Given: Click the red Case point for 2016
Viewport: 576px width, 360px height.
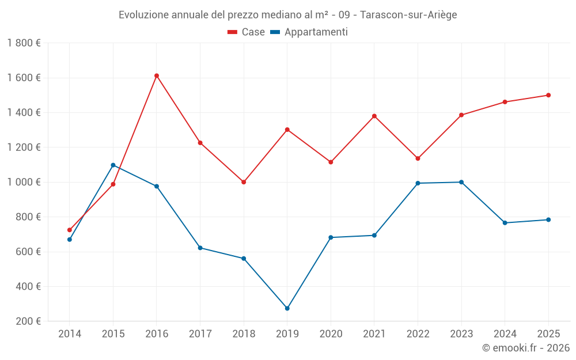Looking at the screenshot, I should [x=157, y=75].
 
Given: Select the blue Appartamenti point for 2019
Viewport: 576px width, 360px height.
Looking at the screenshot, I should [x=287, y=308].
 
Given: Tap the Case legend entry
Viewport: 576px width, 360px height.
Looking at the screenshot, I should [x=246, y=32].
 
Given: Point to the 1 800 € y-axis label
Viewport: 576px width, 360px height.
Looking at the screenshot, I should [x=24, y=43].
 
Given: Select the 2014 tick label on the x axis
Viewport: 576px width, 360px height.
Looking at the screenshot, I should [x=70, y=334].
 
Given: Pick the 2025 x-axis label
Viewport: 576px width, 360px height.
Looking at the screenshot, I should [x=548, y=334].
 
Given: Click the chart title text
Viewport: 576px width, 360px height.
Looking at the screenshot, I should [x=287, y=15].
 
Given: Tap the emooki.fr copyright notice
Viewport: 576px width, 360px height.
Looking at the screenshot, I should [x=525, y=348].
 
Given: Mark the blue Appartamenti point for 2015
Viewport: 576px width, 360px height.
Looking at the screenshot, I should [x=113, y=165].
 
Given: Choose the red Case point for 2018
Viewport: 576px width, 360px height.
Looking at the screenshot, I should [x=244, y=182].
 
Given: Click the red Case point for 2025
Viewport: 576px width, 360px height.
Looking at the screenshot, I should [x=548, y=95].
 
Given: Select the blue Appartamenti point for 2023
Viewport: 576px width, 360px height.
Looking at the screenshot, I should [x=461, y=182].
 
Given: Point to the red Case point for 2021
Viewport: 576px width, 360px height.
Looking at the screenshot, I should [x=374, y=116].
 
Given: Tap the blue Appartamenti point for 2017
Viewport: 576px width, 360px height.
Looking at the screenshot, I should [x=200, y=248].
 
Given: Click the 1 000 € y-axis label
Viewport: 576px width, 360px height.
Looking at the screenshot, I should [x=24, y=182].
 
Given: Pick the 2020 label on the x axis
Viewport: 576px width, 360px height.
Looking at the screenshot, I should [x=331, y=334].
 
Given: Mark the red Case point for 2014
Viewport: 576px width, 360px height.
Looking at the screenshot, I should [x=70, y=230].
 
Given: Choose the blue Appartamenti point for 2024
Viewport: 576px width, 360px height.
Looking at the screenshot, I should [x=505, y=223].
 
